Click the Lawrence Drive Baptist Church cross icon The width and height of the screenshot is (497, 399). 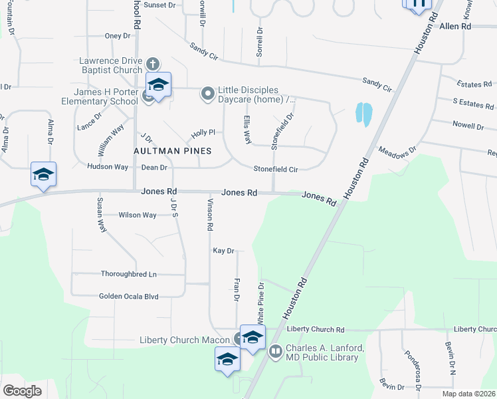click(152, 65)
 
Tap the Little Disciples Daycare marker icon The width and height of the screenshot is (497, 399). click(208, 94)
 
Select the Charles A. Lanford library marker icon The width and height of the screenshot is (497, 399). click(276, 352)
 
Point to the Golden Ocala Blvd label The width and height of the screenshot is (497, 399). click(129, 297)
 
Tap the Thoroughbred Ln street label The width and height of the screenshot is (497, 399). click(128, 274)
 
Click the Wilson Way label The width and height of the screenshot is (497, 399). click(138, 215)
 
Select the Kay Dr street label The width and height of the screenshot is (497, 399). click(223, 251)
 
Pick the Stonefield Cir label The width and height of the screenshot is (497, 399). click(274, 170)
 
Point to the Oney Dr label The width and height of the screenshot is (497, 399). click(118, 36)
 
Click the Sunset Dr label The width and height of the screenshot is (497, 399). click(159, 5)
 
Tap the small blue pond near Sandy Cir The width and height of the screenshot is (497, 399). click(363, 114)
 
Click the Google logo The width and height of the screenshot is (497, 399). click(22, 391)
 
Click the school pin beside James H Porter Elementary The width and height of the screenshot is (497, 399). click(158, 86)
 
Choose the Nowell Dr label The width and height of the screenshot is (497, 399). click(468, 126)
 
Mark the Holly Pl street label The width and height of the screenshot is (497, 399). click(204, 133)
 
